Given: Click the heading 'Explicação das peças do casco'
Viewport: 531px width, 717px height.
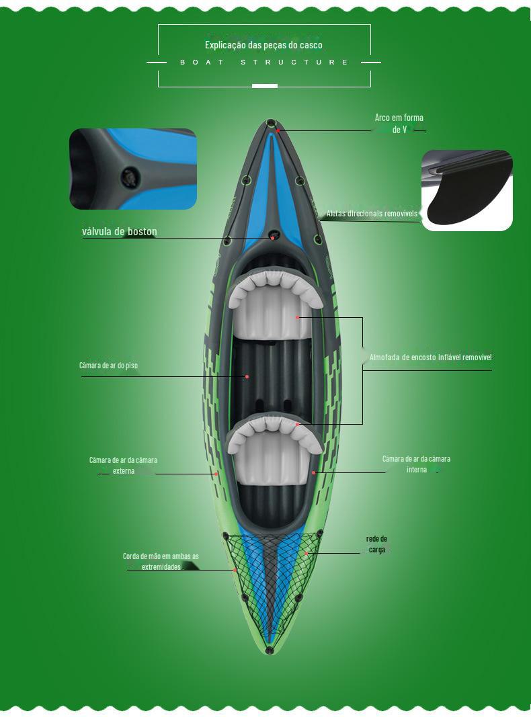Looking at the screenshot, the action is (263, 45).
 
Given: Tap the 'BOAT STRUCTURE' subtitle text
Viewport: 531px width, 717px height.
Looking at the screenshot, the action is (264, 62).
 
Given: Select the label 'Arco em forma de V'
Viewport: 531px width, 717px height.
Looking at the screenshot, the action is (399, 124).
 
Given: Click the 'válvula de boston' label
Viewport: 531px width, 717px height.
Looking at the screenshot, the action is (120, 232).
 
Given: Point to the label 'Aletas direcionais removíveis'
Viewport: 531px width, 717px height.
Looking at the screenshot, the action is (372, 214).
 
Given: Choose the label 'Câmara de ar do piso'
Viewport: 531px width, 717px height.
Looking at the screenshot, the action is (109, 366).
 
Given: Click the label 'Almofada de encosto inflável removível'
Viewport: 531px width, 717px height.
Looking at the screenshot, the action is (430, 357).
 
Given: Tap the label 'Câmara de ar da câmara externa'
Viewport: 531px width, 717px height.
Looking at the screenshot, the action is (124, 465).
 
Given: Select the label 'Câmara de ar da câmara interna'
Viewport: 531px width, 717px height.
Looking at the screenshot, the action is (416, 464).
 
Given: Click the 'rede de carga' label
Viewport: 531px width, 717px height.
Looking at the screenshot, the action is (376, 544).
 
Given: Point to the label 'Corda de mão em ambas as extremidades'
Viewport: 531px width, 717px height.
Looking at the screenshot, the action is (161, 562).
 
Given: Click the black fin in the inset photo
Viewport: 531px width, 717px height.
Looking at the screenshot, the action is (464, 202).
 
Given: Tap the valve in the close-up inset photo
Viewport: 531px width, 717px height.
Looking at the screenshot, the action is (128, 177).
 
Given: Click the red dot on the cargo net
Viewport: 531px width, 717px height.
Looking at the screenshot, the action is (306, 553).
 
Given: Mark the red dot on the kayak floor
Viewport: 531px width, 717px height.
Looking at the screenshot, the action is (247, 376).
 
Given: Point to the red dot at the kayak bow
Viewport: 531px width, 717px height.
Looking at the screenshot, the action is (278, 130).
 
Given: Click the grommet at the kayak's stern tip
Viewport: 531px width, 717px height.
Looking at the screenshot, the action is (270, 650).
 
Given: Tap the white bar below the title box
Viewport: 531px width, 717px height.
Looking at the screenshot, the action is (264, 86).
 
